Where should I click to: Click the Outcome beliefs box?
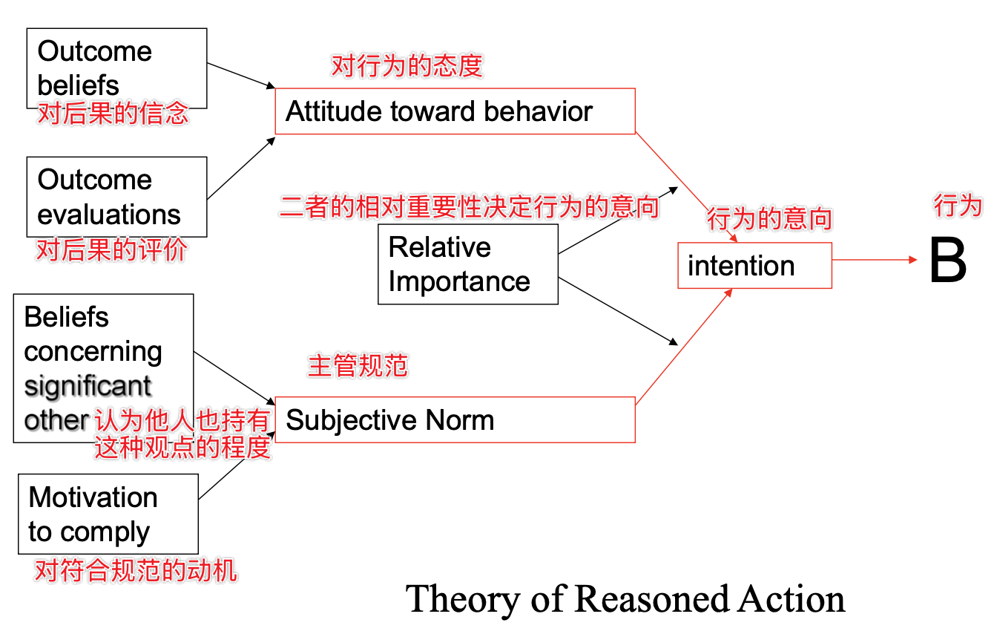click(x=116, y=68)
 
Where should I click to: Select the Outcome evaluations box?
click(x=116, y=197)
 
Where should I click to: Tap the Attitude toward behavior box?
click(x=455, y=111)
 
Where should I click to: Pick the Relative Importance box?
click(x=467, y=264)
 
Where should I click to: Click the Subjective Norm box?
click(x=455, y=420)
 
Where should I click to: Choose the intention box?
click(x=754, y=266)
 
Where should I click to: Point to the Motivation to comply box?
click(x=108, y=514)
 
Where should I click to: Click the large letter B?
click(x=947, y=262)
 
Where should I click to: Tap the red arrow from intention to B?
click(x=875, y=259)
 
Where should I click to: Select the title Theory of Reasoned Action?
click(x=626, y=599)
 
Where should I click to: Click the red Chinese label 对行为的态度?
click(x=407, y=67)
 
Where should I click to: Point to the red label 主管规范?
click(x=358, y=366)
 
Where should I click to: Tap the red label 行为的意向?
click(x=769, y=220)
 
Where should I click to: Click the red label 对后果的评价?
click(x=112, y=251)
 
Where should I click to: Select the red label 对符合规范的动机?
click(x=136, y=571)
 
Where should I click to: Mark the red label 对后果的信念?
click(x=113, y=114)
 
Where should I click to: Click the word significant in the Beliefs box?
click(x=88, y=386)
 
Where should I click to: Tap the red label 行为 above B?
click(x=958, y=206)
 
